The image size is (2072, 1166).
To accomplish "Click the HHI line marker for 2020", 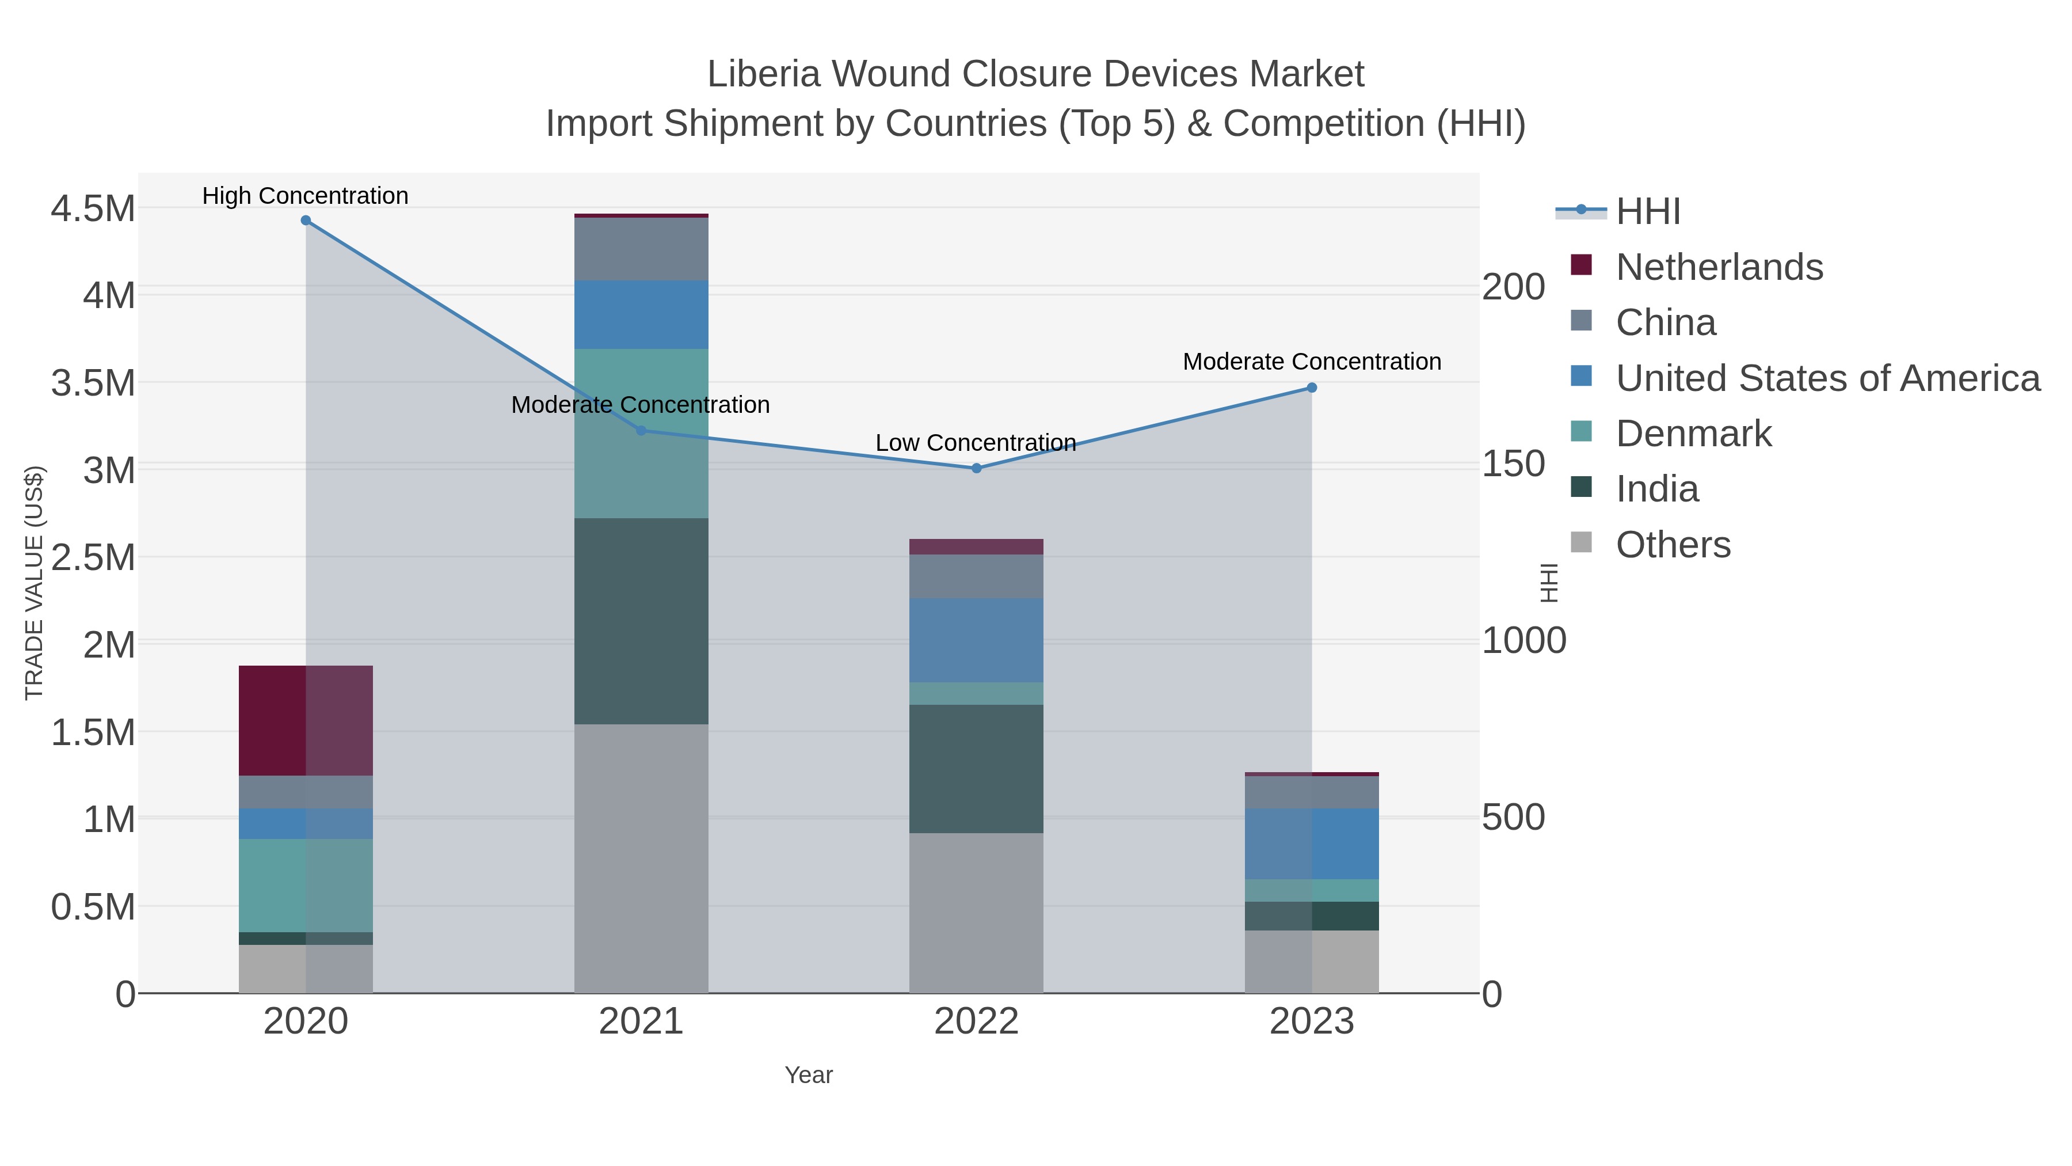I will click(306, 221).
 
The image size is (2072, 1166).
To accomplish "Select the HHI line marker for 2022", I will click(977, 468).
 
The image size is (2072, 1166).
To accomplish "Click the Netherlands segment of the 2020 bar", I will click(306, 721).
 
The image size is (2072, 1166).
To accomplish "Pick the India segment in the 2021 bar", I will click(641, 621).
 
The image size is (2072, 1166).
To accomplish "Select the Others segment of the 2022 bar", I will click(977, 913).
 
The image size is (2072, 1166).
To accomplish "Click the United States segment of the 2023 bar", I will click(1312, 844).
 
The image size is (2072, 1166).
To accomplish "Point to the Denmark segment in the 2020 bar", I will click(306, 885).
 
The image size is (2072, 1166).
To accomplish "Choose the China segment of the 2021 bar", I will click(641, 249).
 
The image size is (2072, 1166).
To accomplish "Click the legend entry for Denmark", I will click(1693, 434).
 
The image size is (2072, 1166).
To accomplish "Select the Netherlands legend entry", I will click(1719, 267).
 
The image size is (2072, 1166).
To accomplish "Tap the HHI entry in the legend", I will click(1647, 212).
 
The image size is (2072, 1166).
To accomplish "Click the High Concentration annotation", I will click(306, 196).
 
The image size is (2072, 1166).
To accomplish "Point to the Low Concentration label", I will click(976, 443).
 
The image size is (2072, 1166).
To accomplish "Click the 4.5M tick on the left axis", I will click(93, 209).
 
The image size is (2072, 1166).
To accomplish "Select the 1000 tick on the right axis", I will click(1523, 641).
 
